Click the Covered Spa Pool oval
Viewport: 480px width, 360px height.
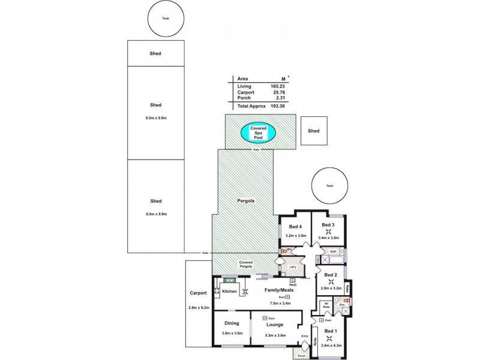coord(258,132)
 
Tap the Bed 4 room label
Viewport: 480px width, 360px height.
coord(295,227)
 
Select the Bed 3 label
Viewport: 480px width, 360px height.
coord(328,225)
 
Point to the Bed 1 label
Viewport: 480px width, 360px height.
coord(331,331)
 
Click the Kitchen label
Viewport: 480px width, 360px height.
coord(230,292)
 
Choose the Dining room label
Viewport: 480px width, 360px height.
coord(232,323)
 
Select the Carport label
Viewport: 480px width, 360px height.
coord(199,293)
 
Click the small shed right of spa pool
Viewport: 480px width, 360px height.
coord(313,131)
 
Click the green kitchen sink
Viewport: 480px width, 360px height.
coord(229,280)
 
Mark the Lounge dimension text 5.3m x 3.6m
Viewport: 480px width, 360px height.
coord(275,335)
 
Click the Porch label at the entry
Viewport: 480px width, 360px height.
coord(301,354)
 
